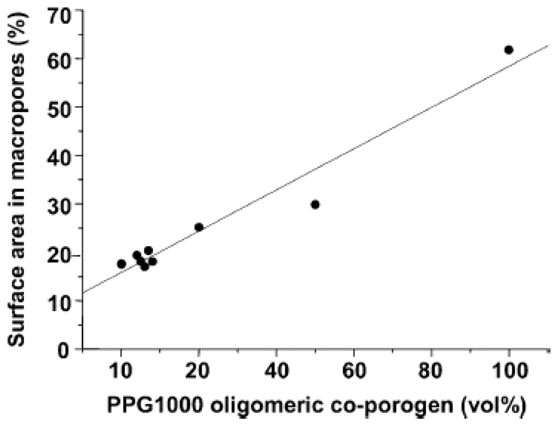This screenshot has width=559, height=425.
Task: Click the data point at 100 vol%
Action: click(509, 50)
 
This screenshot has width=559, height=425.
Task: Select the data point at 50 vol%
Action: click(315, 204)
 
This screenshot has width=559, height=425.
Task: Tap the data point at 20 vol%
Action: click(199, 227)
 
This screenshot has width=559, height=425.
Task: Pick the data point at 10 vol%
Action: click(121, 264)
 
